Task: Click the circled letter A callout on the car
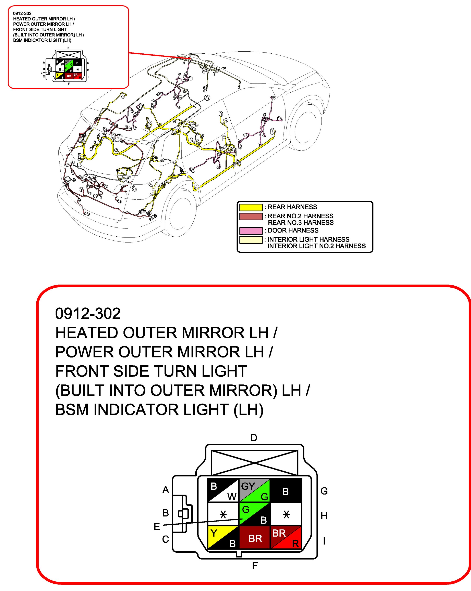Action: [207, 98]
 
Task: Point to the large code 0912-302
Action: [88, 314]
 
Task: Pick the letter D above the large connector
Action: [254, 438]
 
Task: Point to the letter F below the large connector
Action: [255, 565]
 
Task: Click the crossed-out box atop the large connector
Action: [254, 463]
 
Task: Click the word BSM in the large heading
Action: [72, 410]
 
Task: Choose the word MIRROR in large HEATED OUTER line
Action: [213, 333]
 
